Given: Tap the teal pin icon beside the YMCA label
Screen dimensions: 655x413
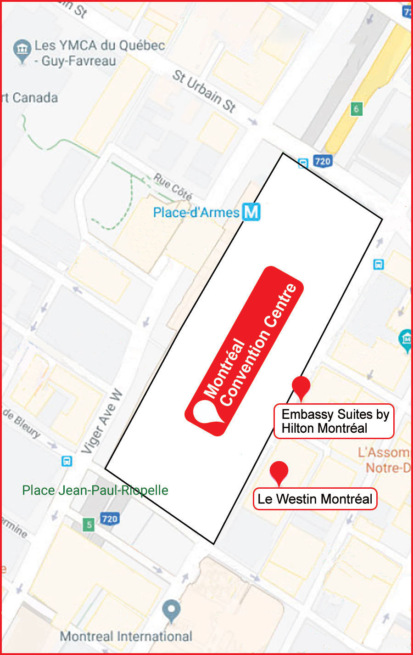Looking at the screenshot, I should tap(22, 51).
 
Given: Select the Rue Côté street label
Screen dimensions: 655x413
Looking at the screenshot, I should tap(173, 186).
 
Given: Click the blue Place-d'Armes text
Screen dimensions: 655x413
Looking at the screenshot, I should tap(196, 212).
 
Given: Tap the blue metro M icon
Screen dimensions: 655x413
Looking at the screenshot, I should tap(251, 212).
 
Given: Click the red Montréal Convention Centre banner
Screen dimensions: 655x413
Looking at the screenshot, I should tap(244, 350).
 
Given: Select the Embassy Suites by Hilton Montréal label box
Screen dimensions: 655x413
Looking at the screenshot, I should tap(334, 421).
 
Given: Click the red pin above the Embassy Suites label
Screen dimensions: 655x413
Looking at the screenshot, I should tap(301, 386).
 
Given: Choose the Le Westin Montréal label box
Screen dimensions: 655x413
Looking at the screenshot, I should tap(315, 499).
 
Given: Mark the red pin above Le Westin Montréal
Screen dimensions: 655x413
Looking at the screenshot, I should tap(279, 472).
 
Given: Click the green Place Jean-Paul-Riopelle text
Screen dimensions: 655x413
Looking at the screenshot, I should tap(95, 490).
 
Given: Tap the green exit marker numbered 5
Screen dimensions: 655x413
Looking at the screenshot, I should tap(89, 524).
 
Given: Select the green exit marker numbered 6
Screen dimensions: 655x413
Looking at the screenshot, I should tap(356, 109).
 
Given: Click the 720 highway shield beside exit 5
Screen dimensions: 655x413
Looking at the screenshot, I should tap(110, 519).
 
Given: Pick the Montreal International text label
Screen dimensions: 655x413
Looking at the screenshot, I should tap(126, 636).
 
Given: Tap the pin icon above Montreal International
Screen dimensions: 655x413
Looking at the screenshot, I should tap(171, 610).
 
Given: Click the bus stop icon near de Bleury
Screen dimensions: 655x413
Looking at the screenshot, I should tap(67, 461).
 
